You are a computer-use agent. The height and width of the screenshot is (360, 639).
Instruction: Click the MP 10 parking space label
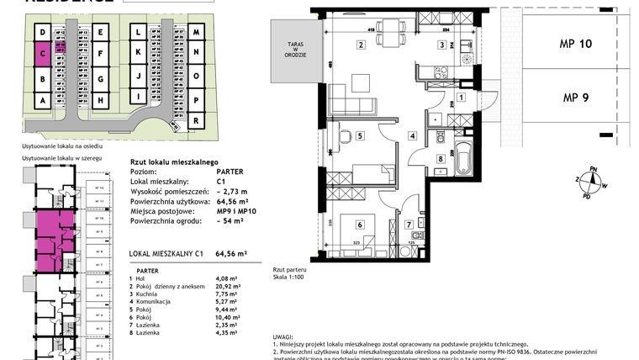point(576,44)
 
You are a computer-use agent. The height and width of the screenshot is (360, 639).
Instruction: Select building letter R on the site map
point(195,121)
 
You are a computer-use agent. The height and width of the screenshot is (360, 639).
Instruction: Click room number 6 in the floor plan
point(359,224)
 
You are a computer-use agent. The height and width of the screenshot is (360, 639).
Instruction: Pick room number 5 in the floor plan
point(359,135)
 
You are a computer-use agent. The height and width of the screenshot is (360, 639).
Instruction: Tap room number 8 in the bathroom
point(440,159)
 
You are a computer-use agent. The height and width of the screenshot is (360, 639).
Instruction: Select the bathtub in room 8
point(463,160)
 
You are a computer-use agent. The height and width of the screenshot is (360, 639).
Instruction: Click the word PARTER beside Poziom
point(230,171)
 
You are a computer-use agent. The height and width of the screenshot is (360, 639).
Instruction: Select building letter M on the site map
point(195,34)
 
